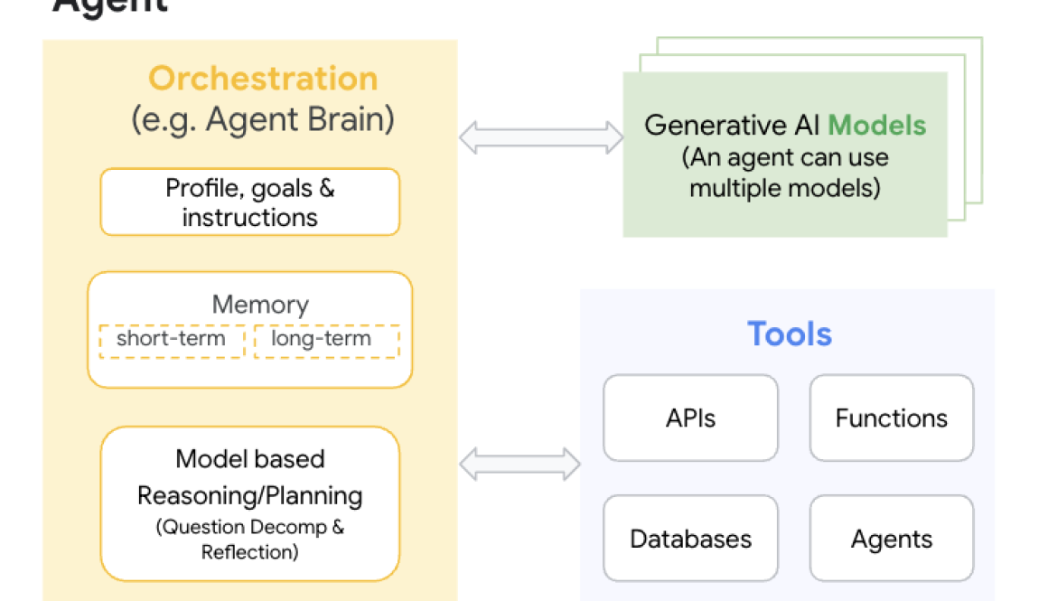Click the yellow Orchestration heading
[263, 79]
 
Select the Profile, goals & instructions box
[249, 202]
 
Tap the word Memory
[260, 305]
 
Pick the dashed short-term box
[171, 340]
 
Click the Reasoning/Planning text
[249, 495]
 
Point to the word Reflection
[249, 551]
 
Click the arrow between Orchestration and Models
[540, 137]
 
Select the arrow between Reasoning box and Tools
[519, 464]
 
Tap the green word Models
[876, 125]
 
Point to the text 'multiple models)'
[784, 189]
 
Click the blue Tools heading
[789, 334]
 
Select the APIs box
[690, 418]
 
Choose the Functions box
[891, 418]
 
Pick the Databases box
[690, 539]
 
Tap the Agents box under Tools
[891, 539]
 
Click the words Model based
[249, 459]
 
